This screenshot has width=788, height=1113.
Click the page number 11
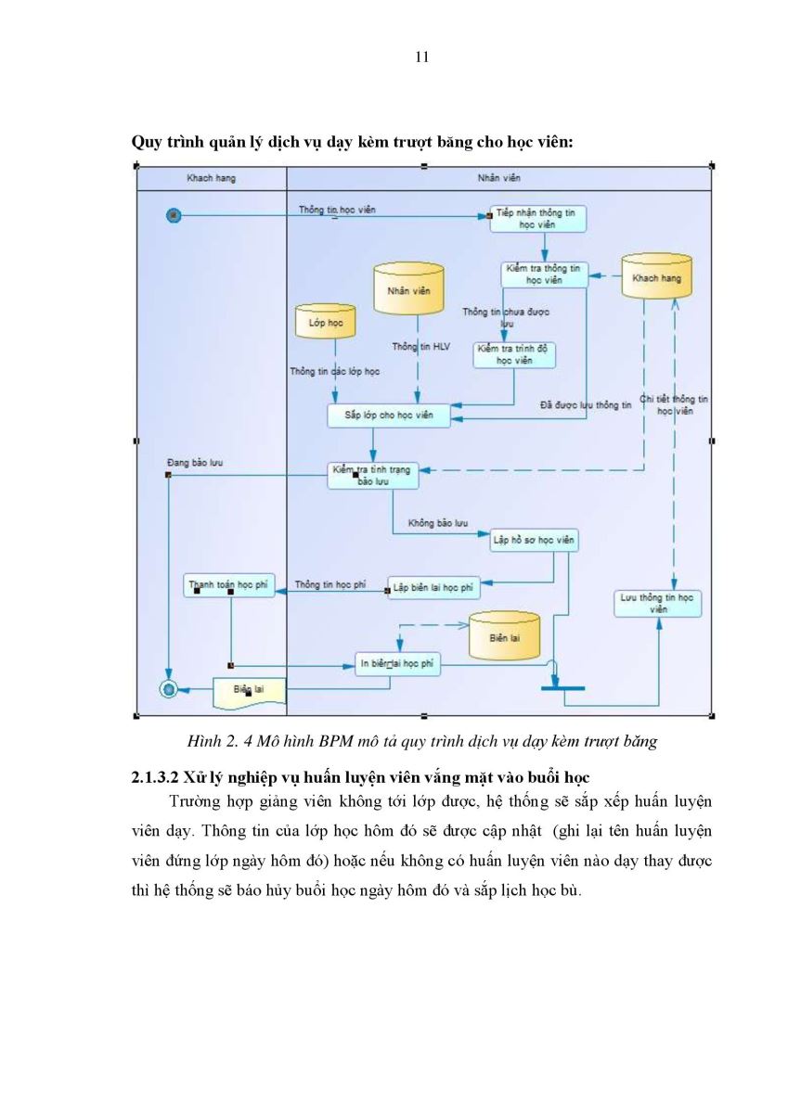click(x=421, y=58)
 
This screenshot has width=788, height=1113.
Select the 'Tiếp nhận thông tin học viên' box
click(x=537, y=219)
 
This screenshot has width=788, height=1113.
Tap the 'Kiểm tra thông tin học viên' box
click(x=545, y=275)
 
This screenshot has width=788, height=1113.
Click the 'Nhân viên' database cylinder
click(x=408, y=289)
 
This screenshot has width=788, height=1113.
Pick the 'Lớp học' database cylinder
click(x=325, y=322)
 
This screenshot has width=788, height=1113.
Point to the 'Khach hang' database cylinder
click(x=657, y=276)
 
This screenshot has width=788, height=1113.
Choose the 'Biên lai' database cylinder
click(x=505, y=635)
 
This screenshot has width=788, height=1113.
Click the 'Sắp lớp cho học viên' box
click(x=389, y=416)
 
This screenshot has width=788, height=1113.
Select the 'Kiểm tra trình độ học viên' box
click(x=514, y=354)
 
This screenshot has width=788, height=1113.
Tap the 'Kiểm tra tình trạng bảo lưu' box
click(x=373, y=476)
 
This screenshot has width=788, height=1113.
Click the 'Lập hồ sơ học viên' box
click(x=534, y=540)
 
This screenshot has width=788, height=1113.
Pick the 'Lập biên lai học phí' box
click(x=433, y=588)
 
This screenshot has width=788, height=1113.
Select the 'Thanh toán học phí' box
click(x=229, y=585)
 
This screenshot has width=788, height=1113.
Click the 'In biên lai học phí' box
click(x=397, y=664)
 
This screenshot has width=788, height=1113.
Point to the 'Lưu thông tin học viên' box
click(x=658, y=604)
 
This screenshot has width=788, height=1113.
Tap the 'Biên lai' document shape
click(x=250, y=692)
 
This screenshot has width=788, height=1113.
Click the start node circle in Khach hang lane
click(x=174, y=215)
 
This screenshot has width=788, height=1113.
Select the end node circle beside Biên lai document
click(x=169, y=689)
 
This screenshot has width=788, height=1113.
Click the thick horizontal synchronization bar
click(x=562, y=688)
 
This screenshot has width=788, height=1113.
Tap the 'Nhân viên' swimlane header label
click(x=498, y=178)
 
